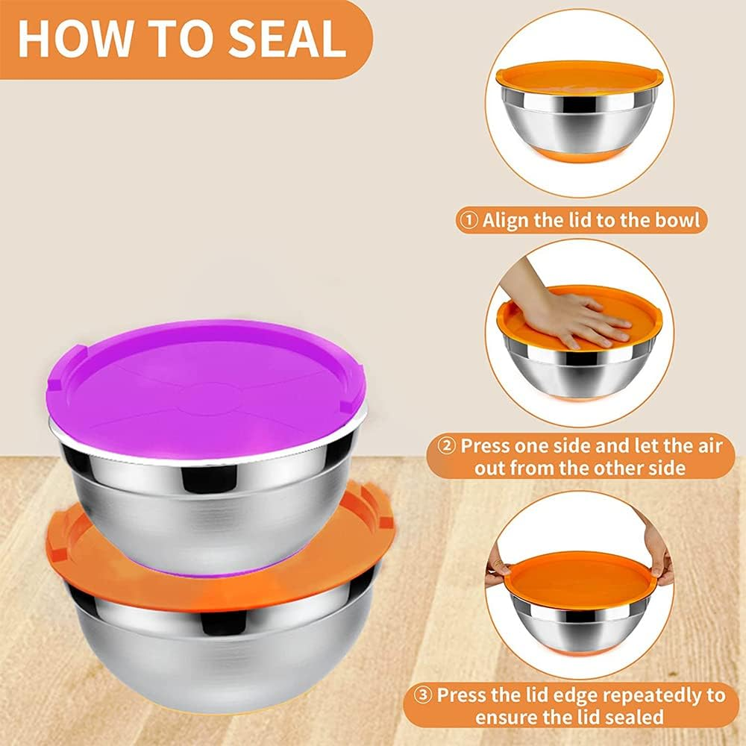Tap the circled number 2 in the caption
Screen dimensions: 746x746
click(x=447, y=447)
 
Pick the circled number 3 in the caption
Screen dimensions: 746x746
click(x=424, y=695)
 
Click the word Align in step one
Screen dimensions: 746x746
click(x=507, y=221)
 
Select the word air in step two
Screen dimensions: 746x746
click(x=709, y=447)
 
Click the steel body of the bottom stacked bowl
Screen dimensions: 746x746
click(x=224, y=656)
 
